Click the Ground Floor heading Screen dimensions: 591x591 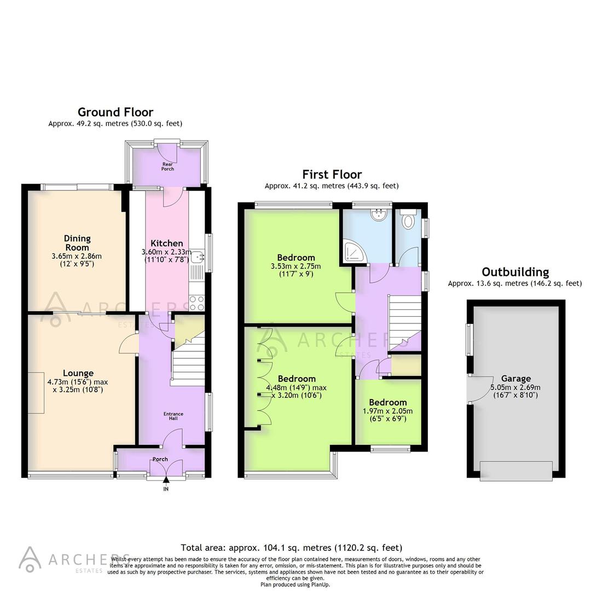(x=115, y=113)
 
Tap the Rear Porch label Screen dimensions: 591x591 (x=167, y=166)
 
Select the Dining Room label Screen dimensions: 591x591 (x=77, y=242)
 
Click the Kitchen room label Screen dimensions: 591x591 (x=167, y=243)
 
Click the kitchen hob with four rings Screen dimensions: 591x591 (x=196, y=303)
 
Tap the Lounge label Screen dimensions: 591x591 (x=78, y=373)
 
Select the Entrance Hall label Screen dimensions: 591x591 (x=173, y=416)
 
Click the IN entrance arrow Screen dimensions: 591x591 (x=166, y=481)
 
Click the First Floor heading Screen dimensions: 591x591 (x=332, y=175)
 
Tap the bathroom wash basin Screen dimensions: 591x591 (x=378, y=216)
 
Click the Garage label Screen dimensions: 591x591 (x=516, y=378)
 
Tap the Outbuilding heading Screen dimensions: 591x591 (x=515, y=272)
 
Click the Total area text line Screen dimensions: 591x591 (x=291, y=547)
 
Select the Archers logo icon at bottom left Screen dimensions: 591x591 (x=30, y=558)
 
